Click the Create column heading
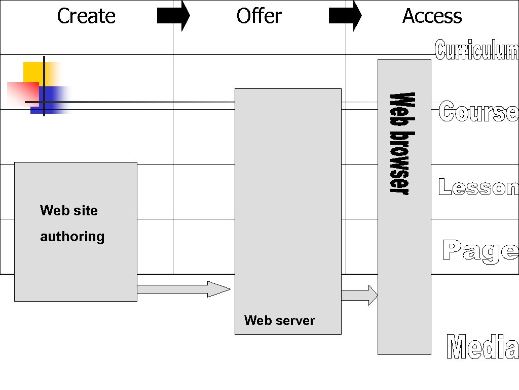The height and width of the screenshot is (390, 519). tap(86, 16)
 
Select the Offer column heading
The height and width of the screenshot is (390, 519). tap(258, 16)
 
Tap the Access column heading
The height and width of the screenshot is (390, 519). tap(432, 16)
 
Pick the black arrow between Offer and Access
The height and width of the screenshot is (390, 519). tap(345, 16)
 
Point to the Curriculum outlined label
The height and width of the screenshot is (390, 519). tap(476, 50)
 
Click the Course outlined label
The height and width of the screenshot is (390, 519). tap(478, 112)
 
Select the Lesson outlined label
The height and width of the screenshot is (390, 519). tap(478, 187)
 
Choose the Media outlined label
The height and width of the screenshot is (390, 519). tap(483, 347)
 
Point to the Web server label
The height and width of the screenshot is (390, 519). tap(279, 320)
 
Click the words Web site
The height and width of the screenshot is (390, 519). tap(69, 210)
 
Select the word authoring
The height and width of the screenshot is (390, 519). tap(72, 237)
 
